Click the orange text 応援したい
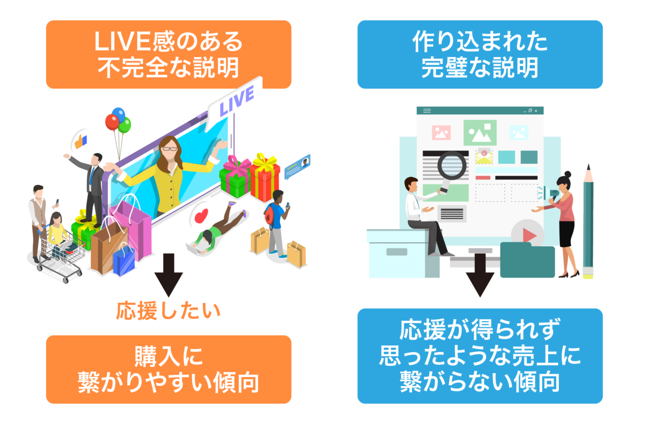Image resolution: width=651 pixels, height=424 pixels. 168,310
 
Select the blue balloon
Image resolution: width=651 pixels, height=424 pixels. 119,114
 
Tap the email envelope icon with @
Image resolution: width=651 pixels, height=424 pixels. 484,156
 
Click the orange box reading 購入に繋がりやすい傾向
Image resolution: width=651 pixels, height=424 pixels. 168,369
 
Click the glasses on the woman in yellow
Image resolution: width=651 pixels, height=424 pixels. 170,149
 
